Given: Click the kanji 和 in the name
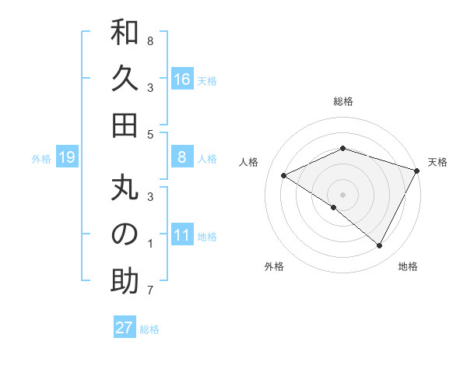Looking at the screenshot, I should (x=125, y=35).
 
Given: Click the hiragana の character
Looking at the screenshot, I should (x=125, y=235).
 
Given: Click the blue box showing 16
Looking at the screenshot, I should (x=182, y=79).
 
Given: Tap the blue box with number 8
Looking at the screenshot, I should (x=182, y=157).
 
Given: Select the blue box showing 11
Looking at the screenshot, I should (x=182, y=235).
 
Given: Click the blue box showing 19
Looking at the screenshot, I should (x=66, y=158).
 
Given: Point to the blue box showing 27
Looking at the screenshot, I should (x=124, y=328).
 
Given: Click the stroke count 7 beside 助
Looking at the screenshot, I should (x=150, y=292).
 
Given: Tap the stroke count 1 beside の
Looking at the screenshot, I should (x=150, y=245).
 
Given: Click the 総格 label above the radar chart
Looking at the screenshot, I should (x=343, y=101).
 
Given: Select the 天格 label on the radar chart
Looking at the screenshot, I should (x=437, y=162).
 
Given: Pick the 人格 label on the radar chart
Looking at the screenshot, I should (x=249, y=162).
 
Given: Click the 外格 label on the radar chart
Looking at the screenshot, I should (x=274, y=266).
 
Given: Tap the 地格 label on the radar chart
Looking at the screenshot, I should (x=408, y=266).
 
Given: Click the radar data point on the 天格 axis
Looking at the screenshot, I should (x=417, y=171).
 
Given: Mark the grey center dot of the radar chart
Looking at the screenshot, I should (x=343, y=194).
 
